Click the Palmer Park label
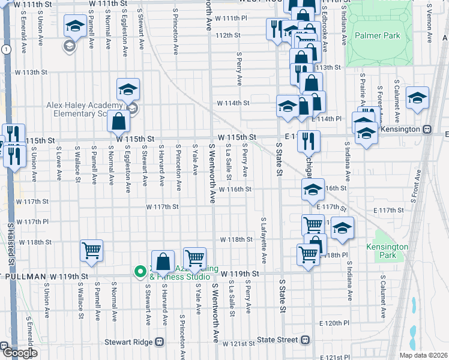[377, 36]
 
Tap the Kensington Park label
[387, 251]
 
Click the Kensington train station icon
[427, 129]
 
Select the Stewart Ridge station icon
[159, 341]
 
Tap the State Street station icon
[306, 340]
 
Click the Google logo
[19, 353]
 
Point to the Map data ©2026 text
[424, 355]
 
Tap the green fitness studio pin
[140, 272]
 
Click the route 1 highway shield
[6, 49]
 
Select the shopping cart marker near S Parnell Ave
[91, 251]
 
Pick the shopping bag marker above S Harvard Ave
[163, 261]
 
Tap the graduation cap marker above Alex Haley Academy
[128, 89]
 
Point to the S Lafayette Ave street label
[264, 240]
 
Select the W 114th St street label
[233, 103]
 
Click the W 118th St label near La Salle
[236, 239]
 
